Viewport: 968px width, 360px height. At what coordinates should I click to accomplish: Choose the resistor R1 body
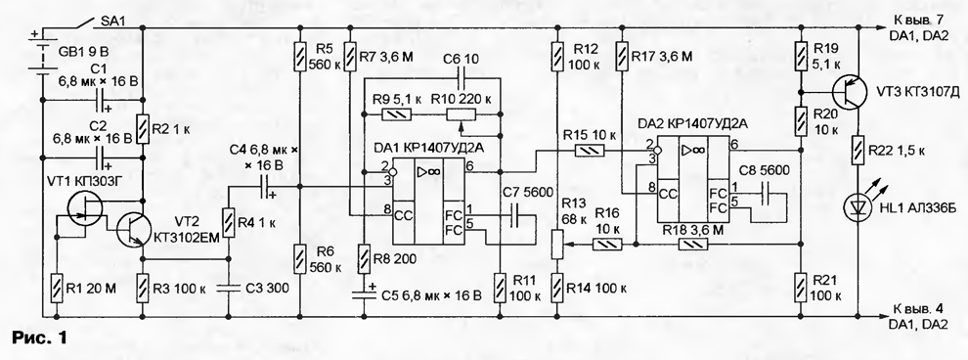click(x=56, y=288)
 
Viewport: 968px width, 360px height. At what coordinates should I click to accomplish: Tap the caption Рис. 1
click(x=39, y=337)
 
